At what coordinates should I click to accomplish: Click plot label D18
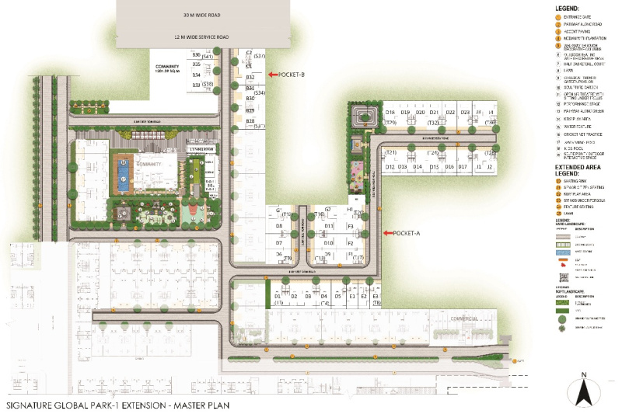[390, 113]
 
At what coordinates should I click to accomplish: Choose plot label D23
[464, 113]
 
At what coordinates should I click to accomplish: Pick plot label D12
[390, 167]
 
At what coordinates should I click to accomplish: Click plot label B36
[197, 54]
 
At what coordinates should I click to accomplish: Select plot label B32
[250, 78]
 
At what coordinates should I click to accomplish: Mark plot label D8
[278, 226]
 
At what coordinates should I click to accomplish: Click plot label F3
[351, 226]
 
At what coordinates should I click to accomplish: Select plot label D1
[278, 296]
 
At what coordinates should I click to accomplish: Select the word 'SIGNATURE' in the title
[30, 405]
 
